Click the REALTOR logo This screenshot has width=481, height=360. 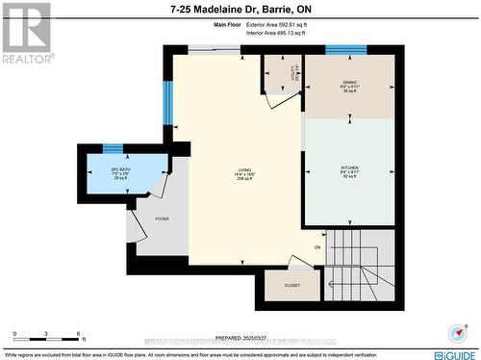coord(26,33)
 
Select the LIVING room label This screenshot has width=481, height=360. coord(245,174)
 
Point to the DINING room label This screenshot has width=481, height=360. coord(349,87)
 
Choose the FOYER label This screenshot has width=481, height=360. coord(162,219)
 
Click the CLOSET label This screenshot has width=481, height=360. coord(292,286)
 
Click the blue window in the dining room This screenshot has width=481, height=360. coord(345,50)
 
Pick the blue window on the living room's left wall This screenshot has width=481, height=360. coord(166,103)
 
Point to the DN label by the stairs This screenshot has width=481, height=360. coord(317,246)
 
